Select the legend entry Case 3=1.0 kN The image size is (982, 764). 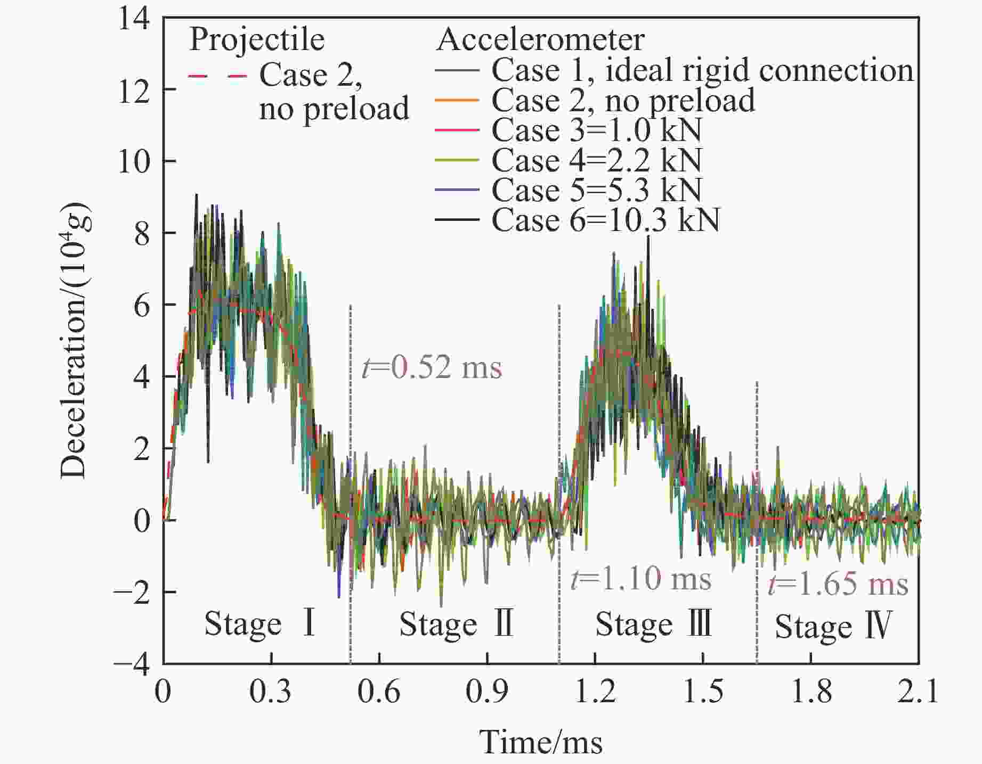(x=596, y=130)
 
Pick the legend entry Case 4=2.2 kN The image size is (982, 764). (x=596, y=160)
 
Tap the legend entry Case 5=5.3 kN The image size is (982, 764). (x=596, y=190)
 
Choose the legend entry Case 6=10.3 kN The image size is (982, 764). (x=605, y=220)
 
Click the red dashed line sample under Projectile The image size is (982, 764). (x=217, y=76)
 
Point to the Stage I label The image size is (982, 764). (x=260, y=623)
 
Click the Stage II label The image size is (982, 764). (x=456, y=624)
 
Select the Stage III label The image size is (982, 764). (x=653, y=624)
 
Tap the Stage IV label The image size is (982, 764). (x=833, y=626)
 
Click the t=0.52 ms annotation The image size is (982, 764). (x=432, y=367)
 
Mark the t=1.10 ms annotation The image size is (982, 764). (x=640, y=579)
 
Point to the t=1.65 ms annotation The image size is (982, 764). (x=838, y=584)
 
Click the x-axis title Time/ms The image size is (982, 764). (x=541, y=742)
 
